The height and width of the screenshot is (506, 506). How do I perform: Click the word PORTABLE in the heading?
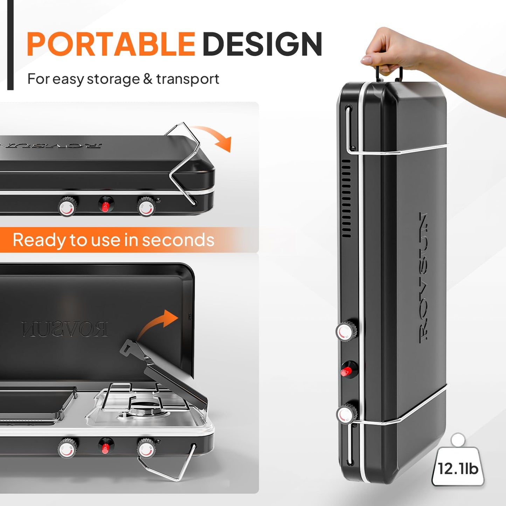click(x=111, y=44)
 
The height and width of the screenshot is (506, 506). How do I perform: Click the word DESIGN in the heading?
click(x=262, y=44)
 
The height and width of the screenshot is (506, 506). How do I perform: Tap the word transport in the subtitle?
click(x=188, y=79)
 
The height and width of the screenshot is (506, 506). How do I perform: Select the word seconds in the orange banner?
click(x=178, y=240)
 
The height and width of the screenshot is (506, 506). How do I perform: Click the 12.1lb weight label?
click(x=458, y=469)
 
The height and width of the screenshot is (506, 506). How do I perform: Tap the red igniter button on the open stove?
click(x=105, y=447)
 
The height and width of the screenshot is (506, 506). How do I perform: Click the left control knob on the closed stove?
click(x=67, y=206)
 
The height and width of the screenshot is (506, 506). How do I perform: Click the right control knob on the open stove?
click(x=146, y=448)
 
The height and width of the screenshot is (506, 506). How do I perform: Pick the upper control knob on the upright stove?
click(x=346, y=331)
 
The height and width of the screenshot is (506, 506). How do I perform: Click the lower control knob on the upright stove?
click(x=346, y=414)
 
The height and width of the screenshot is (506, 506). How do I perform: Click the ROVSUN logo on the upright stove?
click(x=424, y=277)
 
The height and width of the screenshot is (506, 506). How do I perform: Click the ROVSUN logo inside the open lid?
click(x=65, y=329)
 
